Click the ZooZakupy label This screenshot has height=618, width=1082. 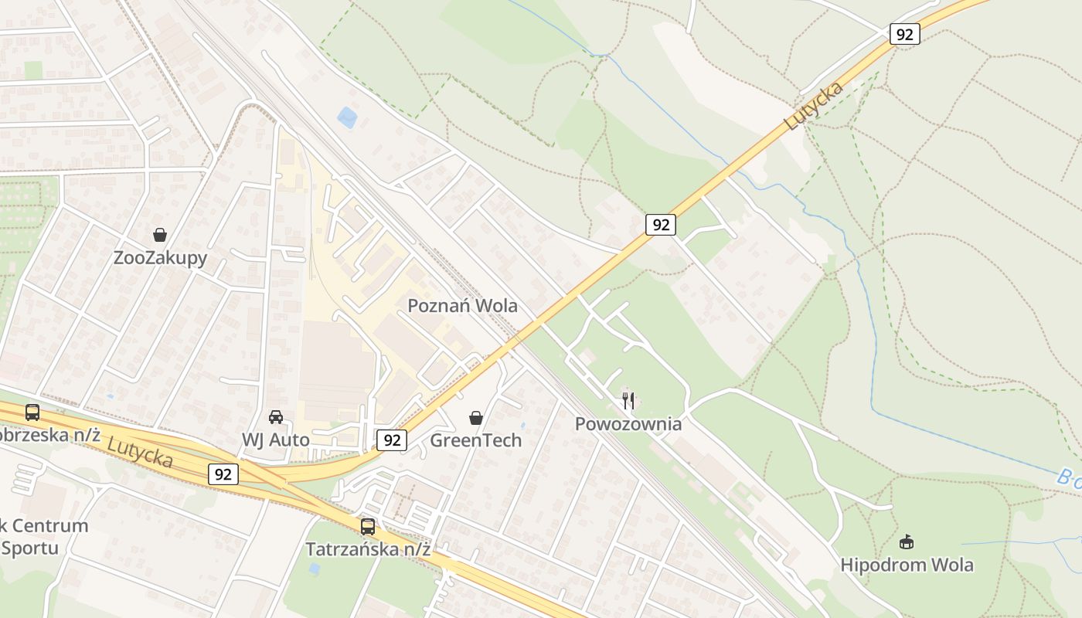(160, 257)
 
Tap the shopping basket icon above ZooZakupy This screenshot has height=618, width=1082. (160, 235)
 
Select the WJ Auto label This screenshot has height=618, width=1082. (275, 440)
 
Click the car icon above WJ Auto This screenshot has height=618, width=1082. (275, 417)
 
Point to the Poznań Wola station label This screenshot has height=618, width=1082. (462, 305)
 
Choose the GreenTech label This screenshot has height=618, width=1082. (475, 440)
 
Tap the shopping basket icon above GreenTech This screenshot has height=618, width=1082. (476, 418)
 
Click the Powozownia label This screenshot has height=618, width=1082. (628, 423)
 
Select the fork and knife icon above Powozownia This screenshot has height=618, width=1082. (628, 400)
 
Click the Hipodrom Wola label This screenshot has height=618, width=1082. (907, 565)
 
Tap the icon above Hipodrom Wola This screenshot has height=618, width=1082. (907, 542)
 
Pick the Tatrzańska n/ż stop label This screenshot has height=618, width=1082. (368, 549)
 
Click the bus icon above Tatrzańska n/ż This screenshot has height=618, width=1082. (368, 527)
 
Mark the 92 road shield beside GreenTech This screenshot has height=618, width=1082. (393, 440)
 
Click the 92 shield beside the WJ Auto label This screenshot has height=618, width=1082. (223, 474)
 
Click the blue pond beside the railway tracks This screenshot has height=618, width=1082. (347, 117)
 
